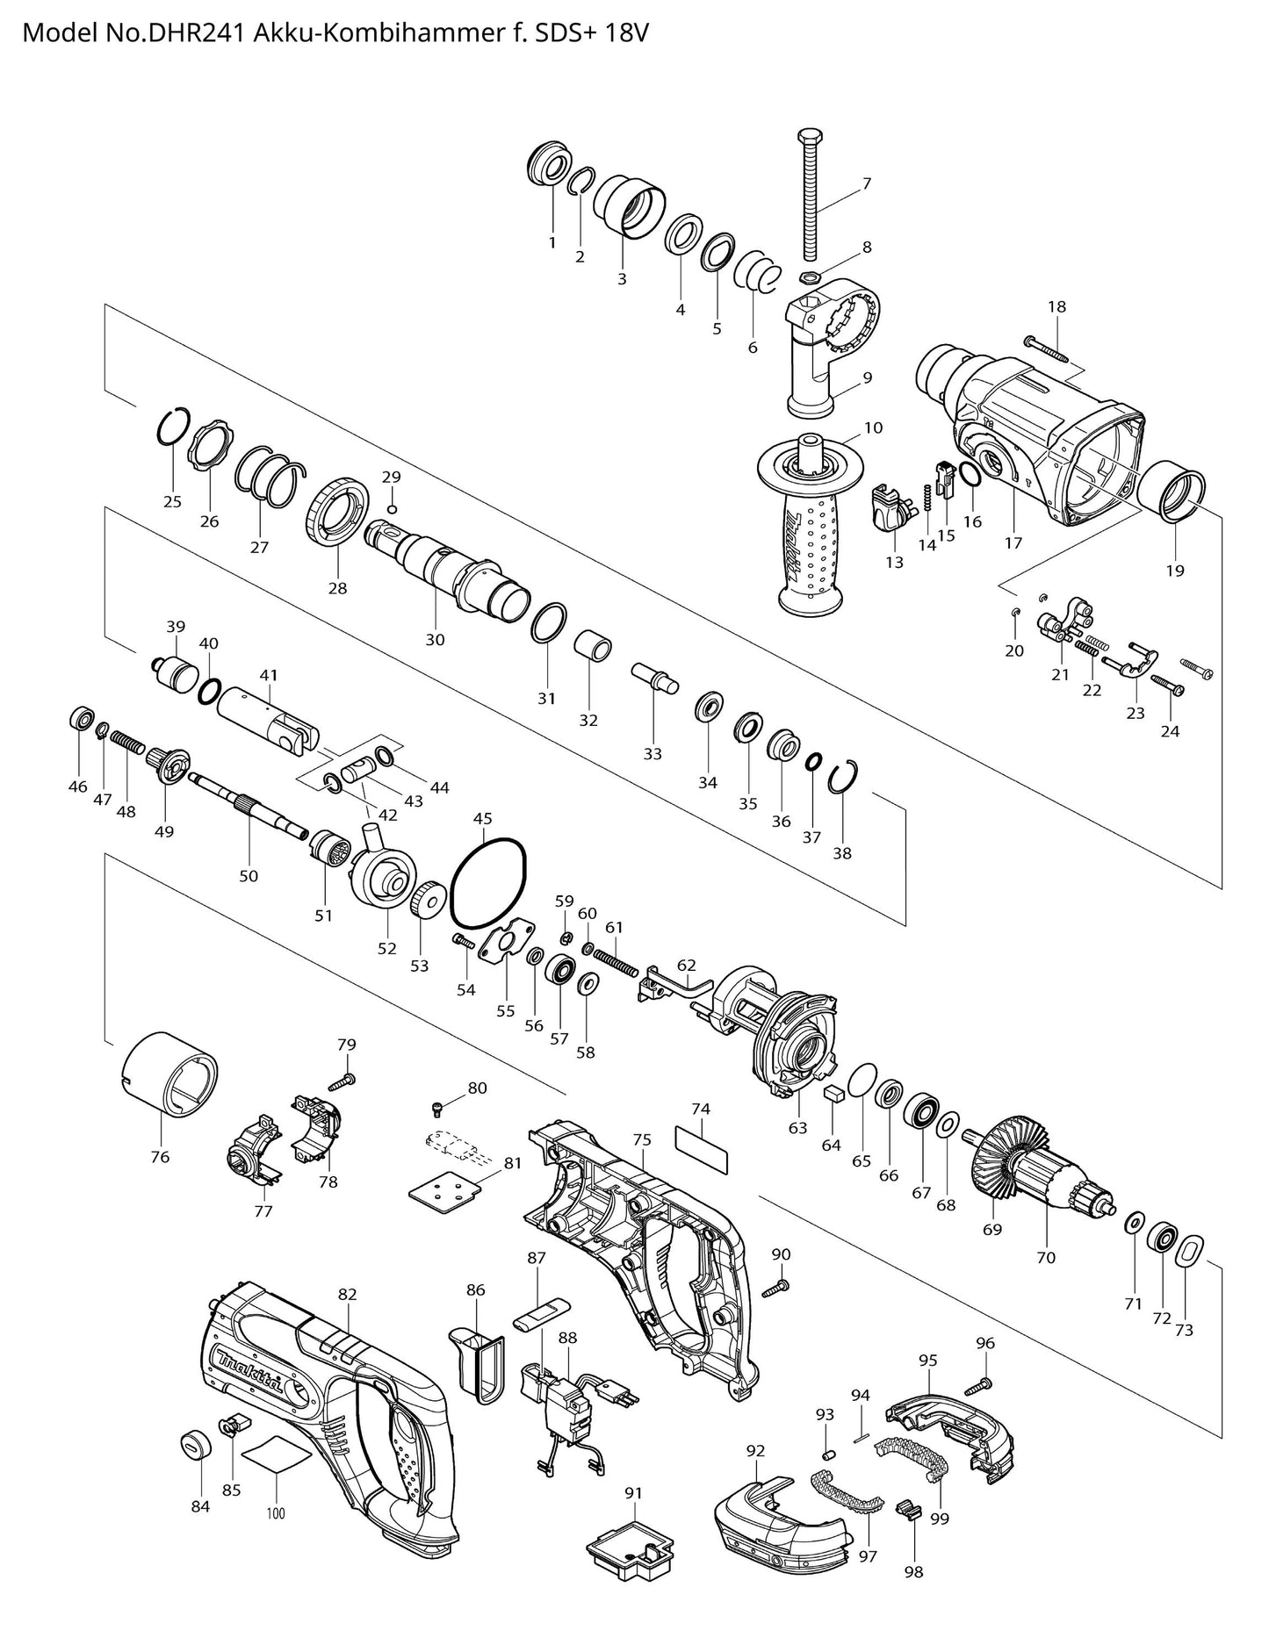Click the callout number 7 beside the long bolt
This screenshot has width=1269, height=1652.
coord(866,183)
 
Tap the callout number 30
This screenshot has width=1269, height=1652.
coord(435,640)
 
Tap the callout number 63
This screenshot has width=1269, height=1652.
coord(797,1127)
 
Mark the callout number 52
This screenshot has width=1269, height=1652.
coord(387,948)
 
